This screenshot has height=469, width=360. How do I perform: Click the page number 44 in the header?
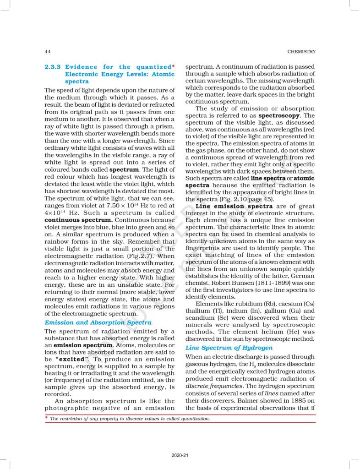[47, 51]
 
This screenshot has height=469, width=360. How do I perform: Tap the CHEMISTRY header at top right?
[301, 51]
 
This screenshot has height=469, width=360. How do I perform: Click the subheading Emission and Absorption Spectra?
[98, 322]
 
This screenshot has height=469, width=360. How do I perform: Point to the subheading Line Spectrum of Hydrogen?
[229, 348]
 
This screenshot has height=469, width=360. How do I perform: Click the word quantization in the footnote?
[193, 419]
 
